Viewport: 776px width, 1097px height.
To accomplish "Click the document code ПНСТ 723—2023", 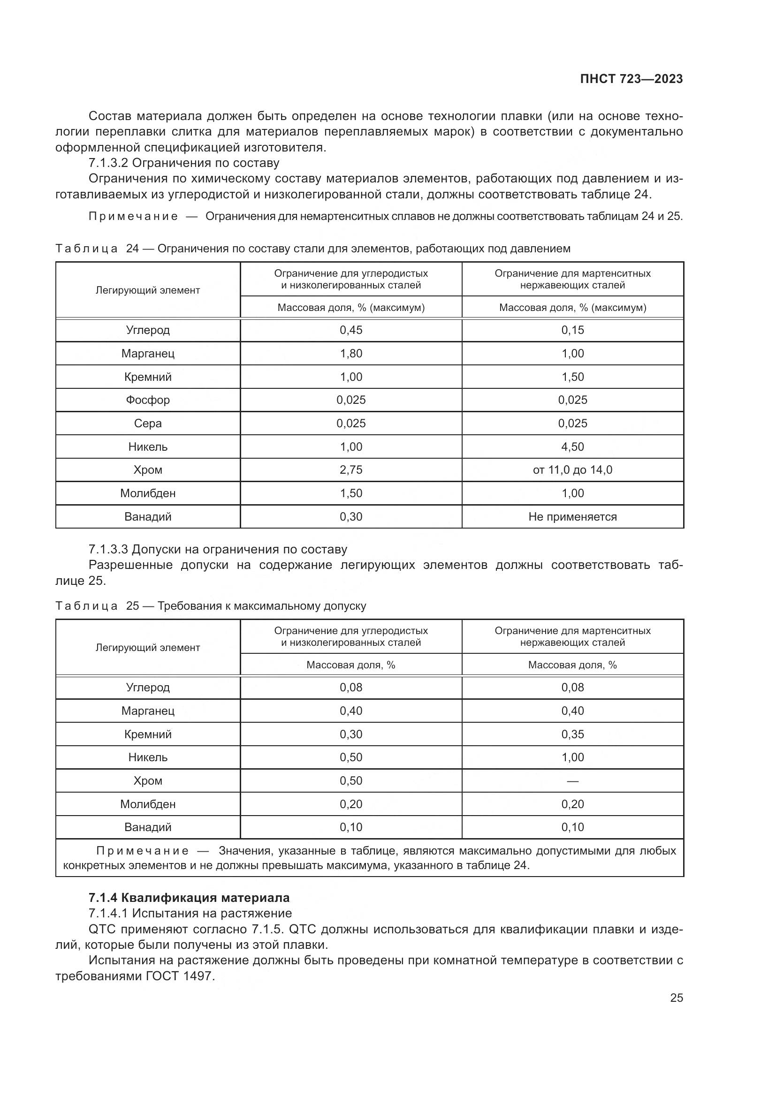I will tap(631, 79).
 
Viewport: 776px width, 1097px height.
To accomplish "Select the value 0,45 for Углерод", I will tap(351, 330).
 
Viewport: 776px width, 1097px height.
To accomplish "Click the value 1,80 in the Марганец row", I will tap(351, 354).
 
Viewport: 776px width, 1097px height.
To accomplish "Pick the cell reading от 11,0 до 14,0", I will tap(572, 470).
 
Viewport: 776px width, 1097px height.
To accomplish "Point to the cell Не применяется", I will tap(572, 517).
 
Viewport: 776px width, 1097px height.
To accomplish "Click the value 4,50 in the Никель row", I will tap(572, 447).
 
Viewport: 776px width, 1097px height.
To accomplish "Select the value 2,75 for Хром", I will tap(351, 470).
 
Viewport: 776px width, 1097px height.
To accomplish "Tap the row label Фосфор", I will tap(148, 400).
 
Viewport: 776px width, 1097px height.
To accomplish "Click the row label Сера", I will tap(148, 424).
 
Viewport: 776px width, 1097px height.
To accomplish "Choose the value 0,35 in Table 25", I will tap(572, 734).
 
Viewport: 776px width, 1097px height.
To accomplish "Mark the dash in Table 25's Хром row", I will tap(572, 781).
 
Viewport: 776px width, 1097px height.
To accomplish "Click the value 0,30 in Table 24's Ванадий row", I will tap(351, 517).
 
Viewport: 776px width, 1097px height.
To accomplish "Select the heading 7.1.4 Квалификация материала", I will tap(189, 897).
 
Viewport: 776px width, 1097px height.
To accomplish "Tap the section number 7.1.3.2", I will tap(108, 163).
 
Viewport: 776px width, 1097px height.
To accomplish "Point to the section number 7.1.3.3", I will tap(108, 550).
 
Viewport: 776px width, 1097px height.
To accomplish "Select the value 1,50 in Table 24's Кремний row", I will tap(572, 377).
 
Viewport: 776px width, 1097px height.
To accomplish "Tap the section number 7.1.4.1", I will tap(108, 914).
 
